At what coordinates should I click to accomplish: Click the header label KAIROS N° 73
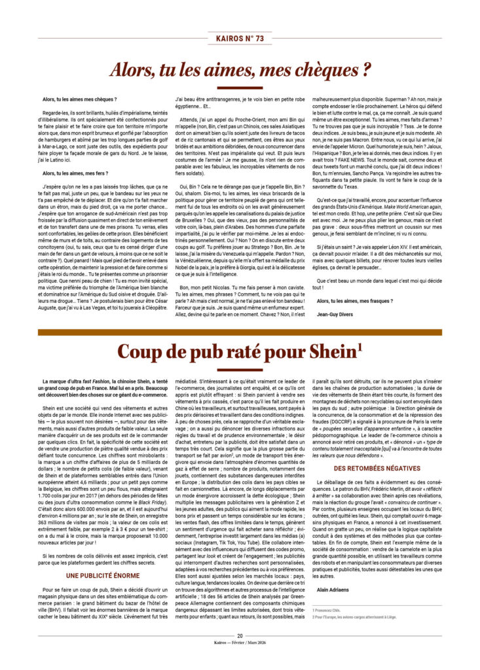click(240, 39)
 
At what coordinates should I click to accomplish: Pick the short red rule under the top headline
click(240, 88)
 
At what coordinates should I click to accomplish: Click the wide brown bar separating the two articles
click(240, 332)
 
